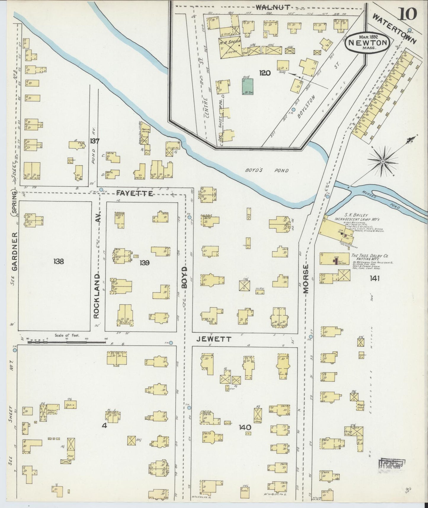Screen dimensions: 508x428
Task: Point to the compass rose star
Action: pyautogui.click(x=382, y=161)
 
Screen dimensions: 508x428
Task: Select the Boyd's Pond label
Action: pyautogui.click(x=267, y=170)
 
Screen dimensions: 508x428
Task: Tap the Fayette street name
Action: pyautogui.click(x=135, y=194)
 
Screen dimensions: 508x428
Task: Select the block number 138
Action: pyautogui.click(x=58, y=261)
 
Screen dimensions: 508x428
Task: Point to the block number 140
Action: pyautogui.click(x=246, y=427)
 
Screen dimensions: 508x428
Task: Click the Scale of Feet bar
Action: pyautogui.click(x=66, y=341)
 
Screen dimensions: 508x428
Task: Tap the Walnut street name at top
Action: pyautogui.click(x=272, y=8)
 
